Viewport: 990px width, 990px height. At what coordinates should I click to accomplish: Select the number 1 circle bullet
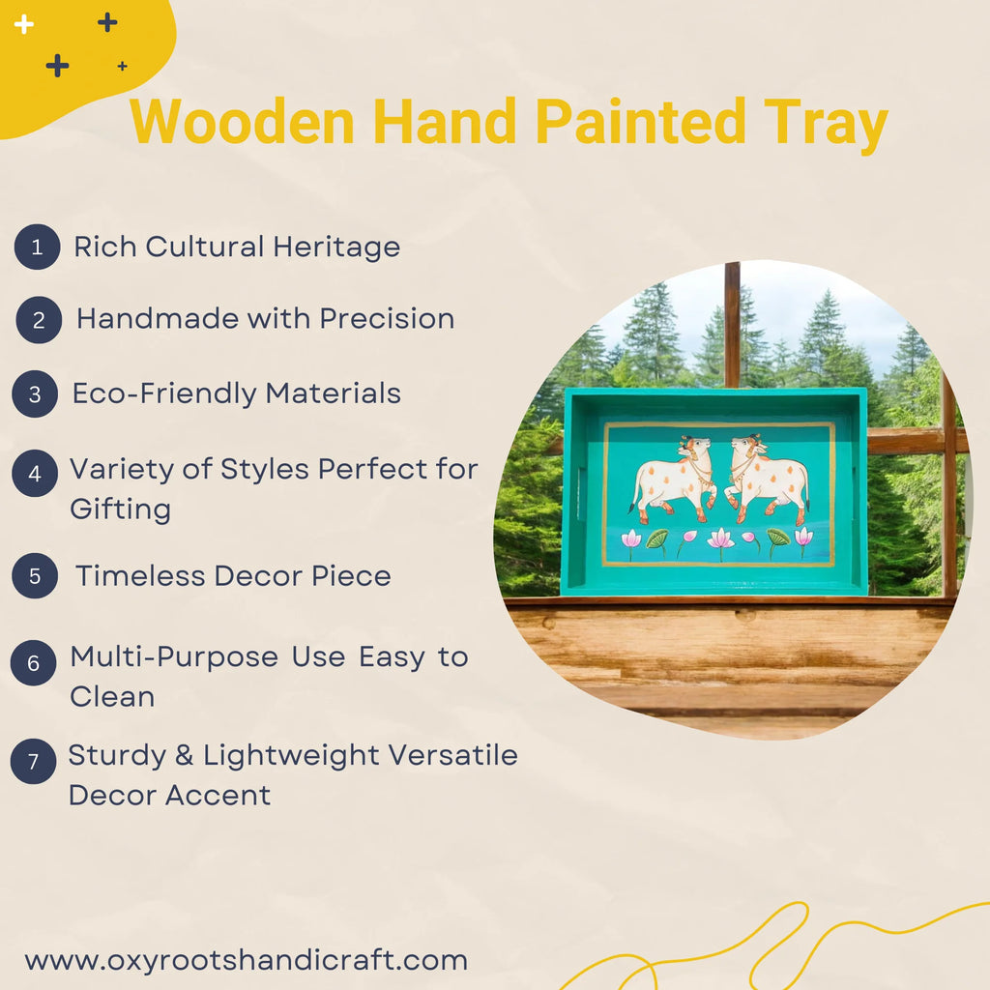point(37,247)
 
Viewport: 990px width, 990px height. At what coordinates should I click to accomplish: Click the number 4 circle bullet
point(35,474)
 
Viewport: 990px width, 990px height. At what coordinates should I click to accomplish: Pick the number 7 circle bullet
point(33,761)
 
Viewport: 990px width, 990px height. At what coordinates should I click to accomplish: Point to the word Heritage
point(336,247)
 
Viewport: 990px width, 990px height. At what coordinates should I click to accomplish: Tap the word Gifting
point(120,510)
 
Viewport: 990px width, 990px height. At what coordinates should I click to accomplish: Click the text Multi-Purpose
point(174,657)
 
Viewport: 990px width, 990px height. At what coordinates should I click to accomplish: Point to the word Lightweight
point(293,755)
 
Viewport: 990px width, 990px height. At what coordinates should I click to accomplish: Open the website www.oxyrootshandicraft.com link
point(246,960)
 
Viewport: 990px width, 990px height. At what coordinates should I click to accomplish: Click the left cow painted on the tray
point(674,477)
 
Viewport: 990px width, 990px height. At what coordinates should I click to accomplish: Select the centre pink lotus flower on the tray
point(719,539)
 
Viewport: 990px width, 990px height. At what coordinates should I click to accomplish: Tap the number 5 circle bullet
point(35,576)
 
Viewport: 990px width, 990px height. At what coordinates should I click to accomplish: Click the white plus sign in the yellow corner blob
point(24,24)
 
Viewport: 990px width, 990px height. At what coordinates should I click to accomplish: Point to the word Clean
point(112,697)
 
